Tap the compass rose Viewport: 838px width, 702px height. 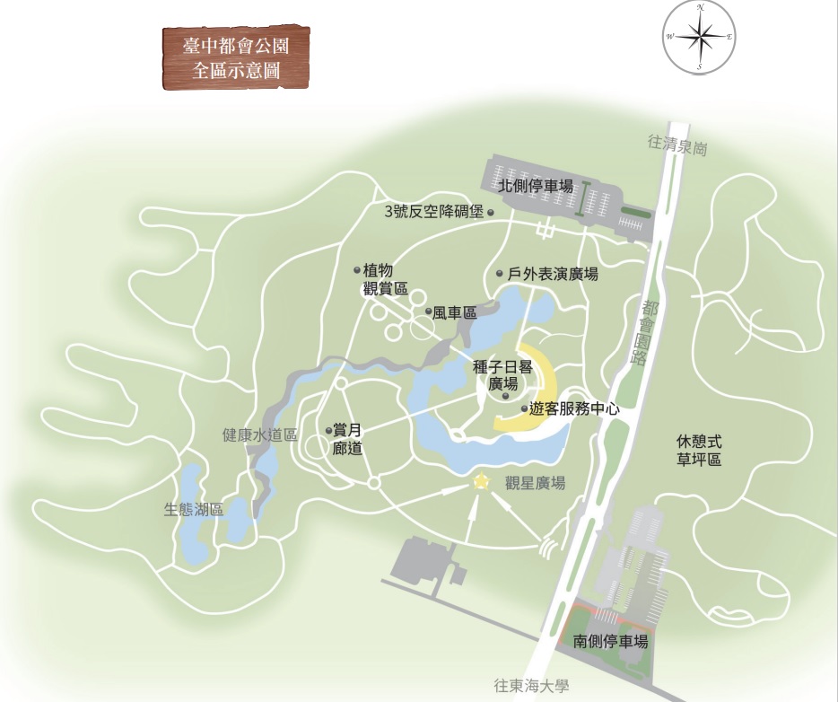(700, 37)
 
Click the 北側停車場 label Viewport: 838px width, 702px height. (536, 187)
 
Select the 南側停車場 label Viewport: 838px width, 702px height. (610, 642)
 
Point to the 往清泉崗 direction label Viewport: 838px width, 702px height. (677, 146)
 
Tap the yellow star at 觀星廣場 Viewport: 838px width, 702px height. (482, 482)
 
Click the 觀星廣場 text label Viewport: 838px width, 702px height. (535, 483)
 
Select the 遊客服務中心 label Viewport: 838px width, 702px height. (575, 408)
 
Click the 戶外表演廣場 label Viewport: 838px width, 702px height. (553, 274)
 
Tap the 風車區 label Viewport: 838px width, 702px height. (454, 312)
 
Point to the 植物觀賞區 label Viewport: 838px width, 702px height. (385, 279)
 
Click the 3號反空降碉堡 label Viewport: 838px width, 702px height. (433, 212)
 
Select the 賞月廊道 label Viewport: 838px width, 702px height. (346, 439)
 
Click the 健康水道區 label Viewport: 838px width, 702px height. (259, 435)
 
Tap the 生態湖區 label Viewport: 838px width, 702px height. (194, 509)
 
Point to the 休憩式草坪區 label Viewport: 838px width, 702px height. (699, 451)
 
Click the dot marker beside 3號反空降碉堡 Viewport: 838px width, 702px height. (491, 213)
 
